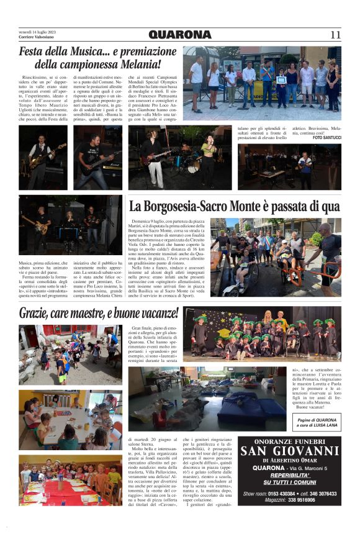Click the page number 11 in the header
pos(335,35)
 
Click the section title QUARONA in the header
pos(180,35)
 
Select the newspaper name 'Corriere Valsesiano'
pos(35,37)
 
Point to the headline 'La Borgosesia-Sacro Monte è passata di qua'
pos(234,206)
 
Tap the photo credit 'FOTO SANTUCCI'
pos(326,137)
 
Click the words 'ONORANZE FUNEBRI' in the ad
pos(289,440)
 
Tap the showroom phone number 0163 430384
pos(279,494)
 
